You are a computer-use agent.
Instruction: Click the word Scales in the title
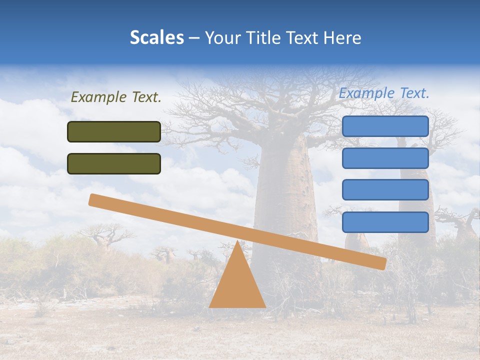156,38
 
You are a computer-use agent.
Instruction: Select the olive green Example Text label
116,97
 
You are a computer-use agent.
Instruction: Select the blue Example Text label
384,93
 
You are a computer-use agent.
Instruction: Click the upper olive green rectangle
114,131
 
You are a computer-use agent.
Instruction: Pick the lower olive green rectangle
114,163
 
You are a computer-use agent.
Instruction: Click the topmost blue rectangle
385,126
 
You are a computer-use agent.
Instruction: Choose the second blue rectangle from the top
385,158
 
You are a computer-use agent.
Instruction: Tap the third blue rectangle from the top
385,189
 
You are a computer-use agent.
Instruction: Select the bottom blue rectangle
385,222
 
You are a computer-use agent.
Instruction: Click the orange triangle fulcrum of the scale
237,285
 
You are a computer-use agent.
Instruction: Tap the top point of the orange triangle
237,242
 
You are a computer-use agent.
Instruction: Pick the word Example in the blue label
366,93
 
